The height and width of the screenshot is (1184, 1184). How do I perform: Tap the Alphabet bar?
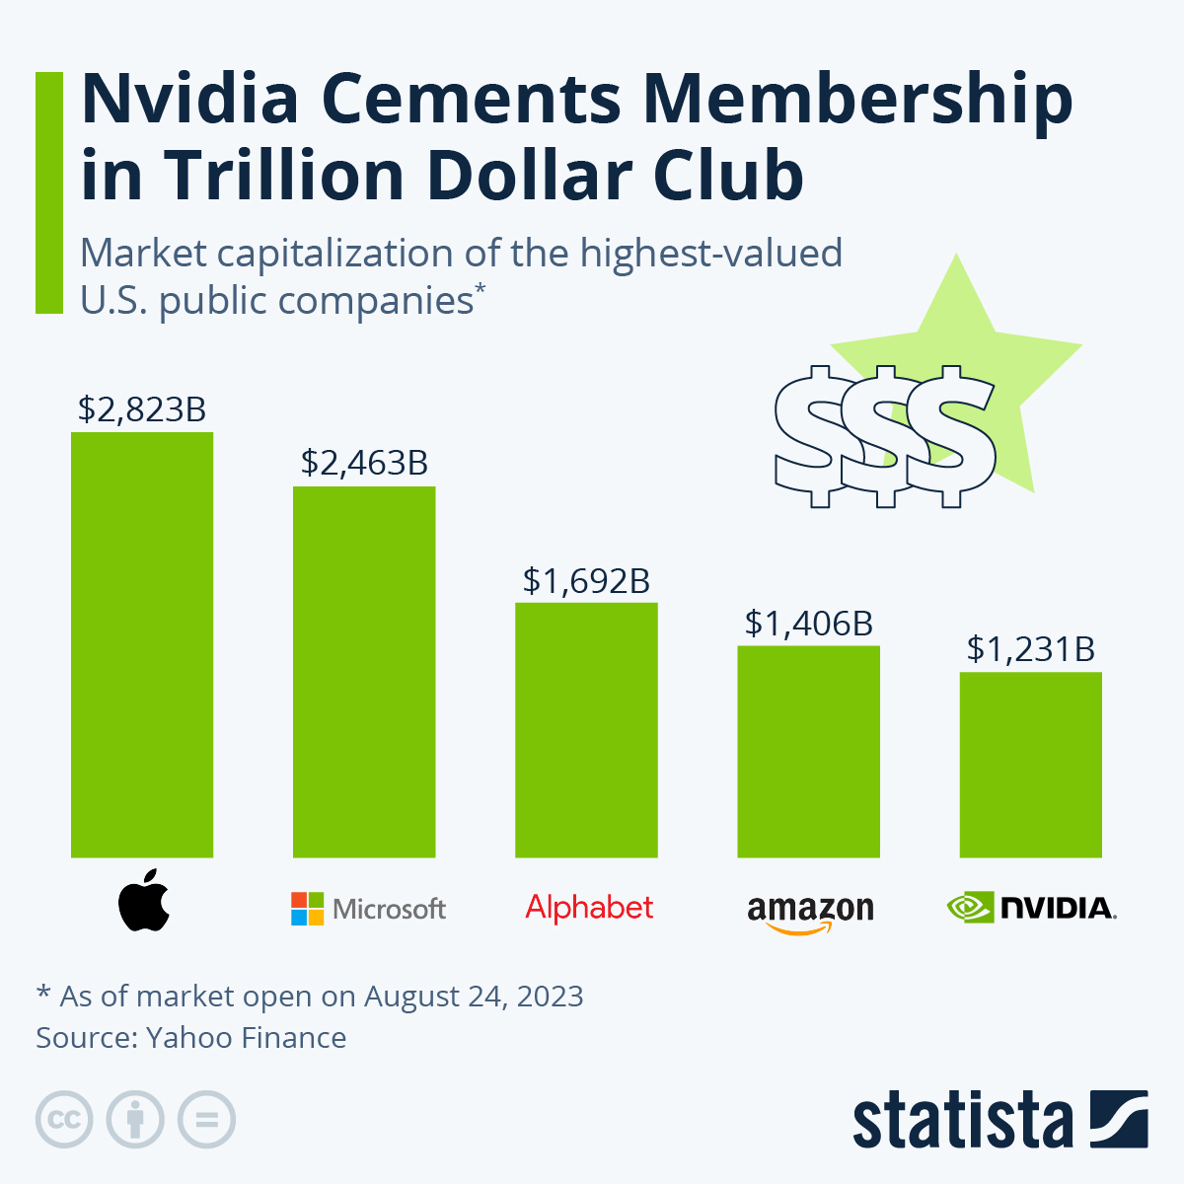tap(586, 729)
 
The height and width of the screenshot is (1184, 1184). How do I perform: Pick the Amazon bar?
tap(808, 751)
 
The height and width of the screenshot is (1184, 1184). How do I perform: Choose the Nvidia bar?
tap(1030, 765)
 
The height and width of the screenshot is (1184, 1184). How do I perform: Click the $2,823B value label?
tap(142, 408)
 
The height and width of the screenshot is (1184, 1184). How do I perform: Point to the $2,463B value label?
tap(364, 463)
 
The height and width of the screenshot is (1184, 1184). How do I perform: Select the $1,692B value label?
tap(586, 580)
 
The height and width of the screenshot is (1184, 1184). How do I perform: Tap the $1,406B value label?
tap(808, 623)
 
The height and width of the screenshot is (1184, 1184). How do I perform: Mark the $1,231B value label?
tap(1030, 649)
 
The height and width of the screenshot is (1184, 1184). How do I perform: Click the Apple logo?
tap(144, 901)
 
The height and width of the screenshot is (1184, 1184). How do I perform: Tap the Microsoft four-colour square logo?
tap(307, 909)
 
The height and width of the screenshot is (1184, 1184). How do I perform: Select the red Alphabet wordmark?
tap(589, 907)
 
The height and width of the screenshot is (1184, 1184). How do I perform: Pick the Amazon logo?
tap(810, 913)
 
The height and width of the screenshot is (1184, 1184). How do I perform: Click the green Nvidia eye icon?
tap(969, 907)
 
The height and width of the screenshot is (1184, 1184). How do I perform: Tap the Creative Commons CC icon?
tap(64, 1120)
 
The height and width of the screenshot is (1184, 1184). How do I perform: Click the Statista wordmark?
tap(962, 1121)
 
